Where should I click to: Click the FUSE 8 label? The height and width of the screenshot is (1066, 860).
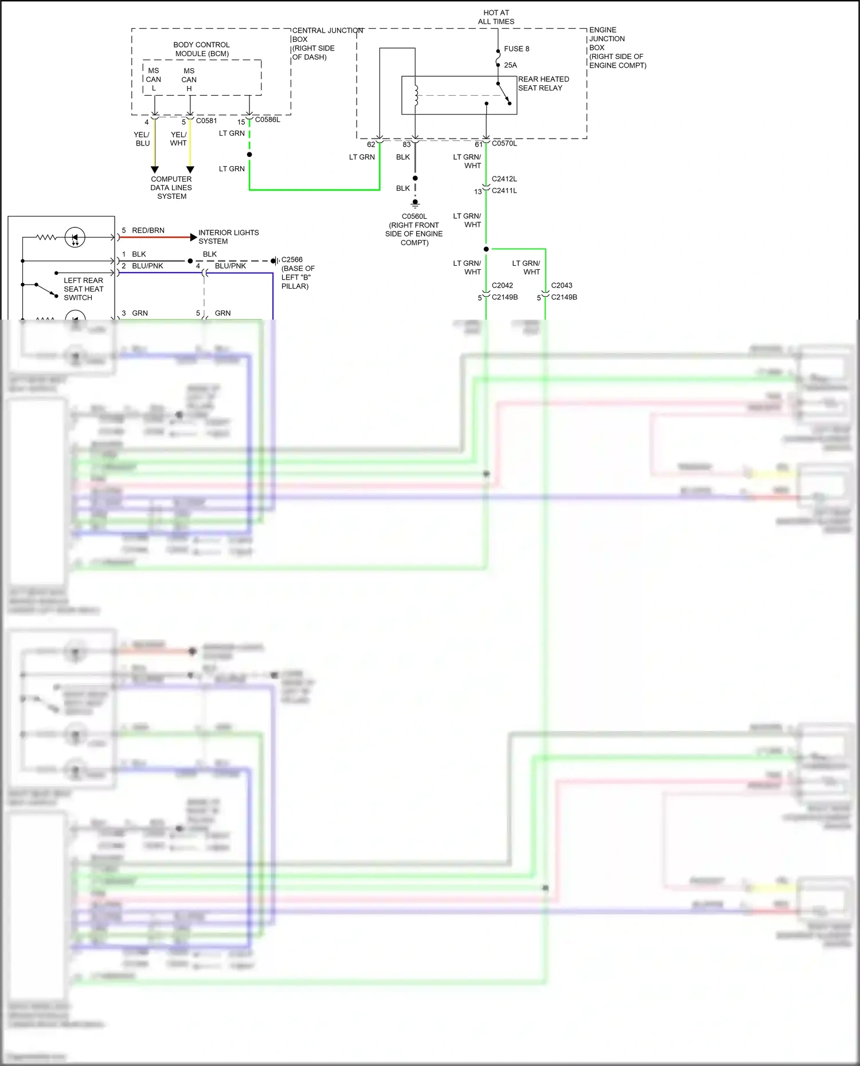[516, 49]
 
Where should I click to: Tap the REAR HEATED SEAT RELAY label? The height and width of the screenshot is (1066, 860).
[543, 84]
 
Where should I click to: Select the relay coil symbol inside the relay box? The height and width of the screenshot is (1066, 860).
[416, 96]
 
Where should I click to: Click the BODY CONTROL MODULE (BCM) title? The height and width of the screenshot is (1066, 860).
[201, 49]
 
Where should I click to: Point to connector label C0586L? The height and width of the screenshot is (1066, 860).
[267, 120]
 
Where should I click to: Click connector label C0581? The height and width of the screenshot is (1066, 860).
[206, 121]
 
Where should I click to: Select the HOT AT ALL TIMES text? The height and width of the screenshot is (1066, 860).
[496, 17]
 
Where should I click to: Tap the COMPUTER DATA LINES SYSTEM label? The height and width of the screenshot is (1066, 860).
[171, 187]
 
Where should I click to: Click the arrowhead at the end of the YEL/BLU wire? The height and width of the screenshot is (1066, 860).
[155, 170]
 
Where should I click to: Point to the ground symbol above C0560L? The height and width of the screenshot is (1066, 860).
[415, 203]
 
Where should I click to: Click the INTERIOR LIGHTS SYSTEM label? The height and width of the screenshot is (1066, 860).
[228, 237]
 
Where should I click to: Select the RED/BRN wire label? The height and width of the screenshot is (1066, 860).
[148, 230]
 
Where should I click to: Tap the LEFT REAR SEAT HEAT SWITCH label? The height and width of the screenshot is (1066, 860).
[83, 289]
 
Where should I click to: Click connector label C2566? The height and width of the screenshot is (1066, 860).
[292, 259]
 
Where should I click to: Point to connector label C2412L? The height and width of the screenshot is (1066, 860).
[504, 179]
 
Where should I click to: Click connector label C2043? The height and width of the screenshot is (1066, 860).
[561, 285]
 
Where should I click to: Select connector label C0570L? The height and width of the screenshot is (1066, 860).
[504, 143]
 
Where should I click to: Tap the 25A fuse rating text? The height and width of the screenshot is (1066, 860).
[510, 65]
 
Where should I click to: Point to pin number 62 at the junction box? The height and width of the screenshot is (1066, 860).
[371, 144]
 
